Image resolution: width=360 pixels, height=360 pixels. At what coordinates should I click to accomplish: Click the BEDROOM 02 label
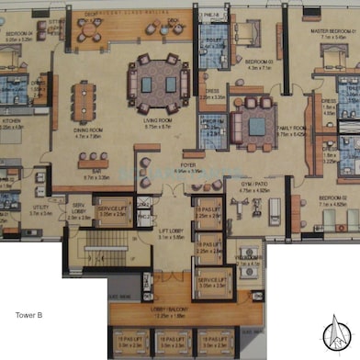[330, 197]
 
